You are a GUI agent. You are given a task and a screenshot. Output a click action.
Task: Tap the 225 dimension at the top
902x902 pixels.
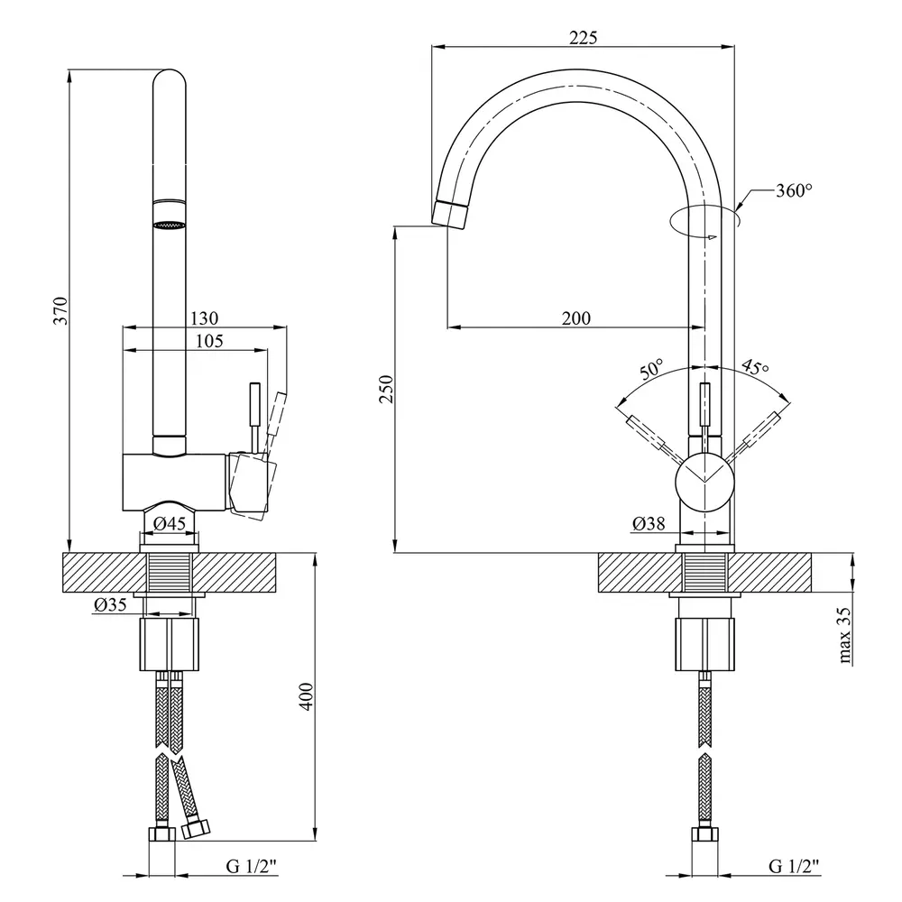pyautogui.click(x=584, y=37)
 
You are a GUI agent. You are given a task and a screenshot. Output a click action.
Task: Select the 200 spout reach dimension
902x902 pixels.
pyautogui.click(x=576, y=318)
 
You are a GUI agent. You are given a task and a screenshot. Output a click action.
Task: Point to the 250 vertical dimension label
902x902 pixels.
pyautogui.click(x=386, y=388)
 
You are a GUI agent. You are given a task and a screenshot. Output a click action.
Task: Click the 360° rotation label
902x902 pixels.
pyautogui.click(x=794, y=190)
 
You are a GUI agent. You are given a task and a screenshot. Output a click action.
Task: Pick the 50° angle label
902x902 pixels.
pyautogui.click(x=651, y=369)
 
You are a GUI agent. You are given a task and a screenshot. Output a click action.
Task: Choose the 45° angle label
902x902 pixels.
pyautogui.click(x=755, y=367)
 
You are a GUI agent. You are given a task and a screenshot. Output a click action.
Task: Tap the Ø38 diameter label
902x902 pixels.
pyautogui.click(x=649, y=523)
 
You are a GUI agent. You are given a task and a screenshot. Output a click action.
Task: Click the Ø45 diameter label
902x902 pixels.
pyautogui.click(x=170, y=523)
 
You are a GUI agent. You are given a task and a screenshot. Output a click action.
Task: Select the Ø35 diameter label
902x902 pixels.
pyautogui.click(x=108, y=606)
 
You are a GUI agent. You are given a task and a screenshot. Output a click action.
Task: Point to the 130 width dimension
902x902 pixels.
pyautogui.click(x=204, y=318)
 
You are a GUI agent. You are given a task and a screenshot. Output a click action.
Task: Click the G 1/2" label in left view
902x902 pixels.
pyautogui.click(x=252, y=867)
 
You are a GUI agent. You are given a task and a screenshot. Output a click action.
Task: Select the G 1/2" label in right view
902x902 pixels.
pyautogui.click(x=794, y=867)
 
